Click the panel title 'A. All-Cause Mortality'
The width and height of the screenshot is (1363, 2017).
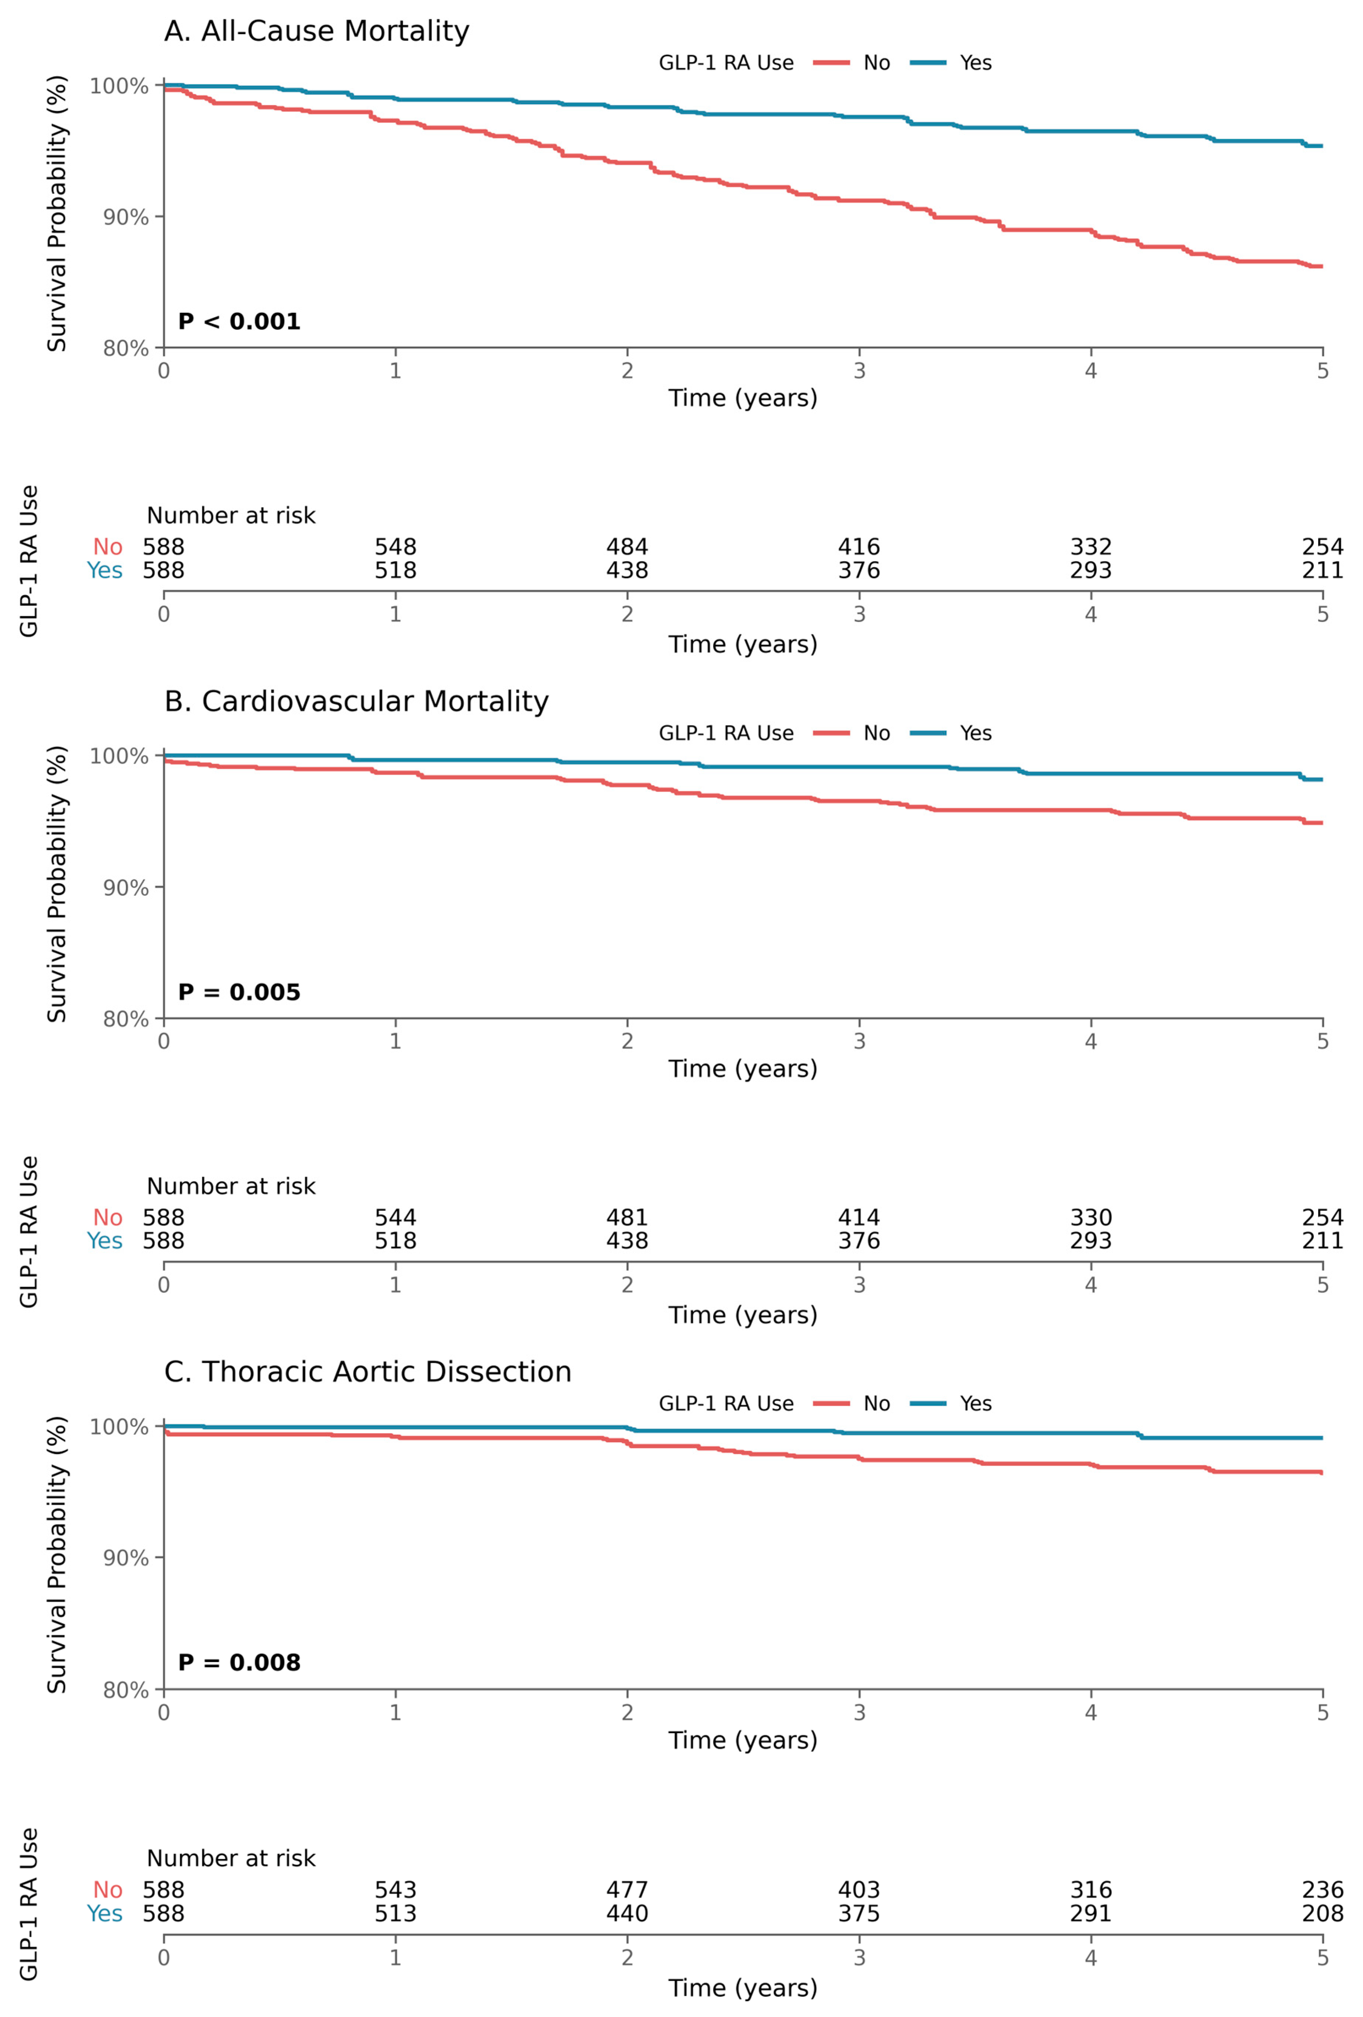(x=316, y=31)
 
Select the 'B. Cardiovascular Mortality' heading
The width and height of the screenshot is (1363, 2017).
(x=356, y=701)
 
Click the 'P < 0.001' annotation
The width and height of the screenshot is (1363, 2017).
(x=239, y=322)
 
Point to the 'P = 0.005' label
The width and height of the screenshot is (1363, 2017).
(x=239, y=992)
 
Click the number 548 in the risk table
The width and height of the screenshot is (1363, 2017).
(x=395, y=547)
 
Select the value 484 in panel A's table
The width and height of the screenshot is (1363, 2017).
(x=627, y=547)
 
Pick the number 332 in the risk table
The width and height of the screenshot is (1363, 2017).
(x=1091, y=547)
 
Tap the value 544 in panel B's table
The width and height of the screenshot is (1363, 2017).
(x=395, y=1218)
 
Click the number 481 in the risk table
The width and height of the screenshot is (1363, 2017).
(x=627, y=1218)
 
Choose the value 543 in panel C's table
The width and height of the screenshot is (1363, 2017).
(x=395, y=1889)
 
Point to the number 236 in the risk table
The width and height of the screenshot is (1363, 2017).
(x=1322, y=1889)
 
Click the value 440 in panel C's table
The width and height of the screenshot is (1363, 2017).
(x=627, y=1913)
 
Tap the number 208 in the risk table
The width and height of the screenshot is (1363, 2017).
(x=1322, y=1913)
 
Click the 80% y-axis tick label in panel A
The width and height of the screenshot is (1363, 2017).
(x=126, y=348)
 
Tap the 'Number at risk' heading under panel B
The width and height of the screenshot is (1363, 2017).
(x=231, y=1186)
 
